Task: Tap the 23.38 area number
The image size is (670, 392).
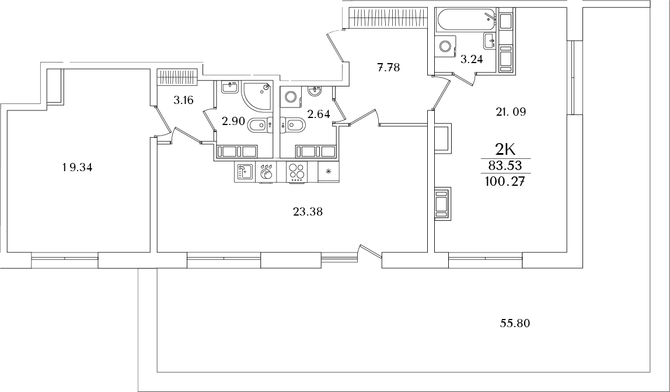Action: [308, 213]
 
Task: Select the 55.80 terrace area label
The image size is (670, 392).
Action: [515, 323]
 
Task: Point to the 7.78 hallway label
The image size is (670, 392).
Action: [388, 67]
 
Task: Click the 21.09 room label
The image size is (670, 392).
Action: [511, 112]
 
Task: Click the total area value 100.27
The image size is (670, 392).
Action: [505, 182]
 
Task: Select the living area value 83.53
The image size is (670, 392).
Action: [505, 166]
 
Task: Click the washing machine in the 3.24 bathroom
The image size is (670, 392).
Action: [446, 46]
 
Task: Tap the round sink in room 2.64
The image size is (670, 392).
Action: [316, 91]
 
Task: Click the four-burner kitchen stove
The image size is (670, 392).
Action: [297, 172]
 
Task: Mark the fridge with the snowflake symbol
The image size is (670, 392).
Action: [327, 172]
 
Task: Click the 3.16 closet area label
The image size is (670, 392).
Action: [183, 100]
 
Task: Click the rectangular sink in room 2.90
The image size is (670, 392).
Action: [231, 88]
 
